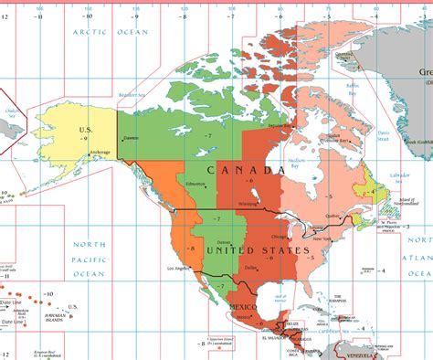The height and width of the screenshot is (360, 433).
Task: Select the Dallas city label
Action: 249,267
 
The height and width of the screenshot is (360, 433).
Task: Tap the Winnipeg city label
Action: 249,203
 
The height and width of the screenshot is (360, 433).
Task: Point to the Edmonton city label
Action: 195,185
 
